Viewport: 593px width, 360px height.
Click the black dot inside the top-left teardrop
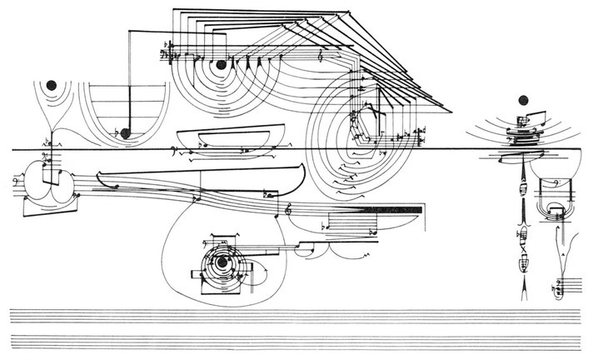tap(52, 84)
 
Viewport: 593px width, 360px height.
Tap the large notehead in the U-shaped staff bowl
tap(125, 132)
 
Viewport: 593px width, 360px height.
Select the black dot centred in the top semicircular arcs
tap(221, 64)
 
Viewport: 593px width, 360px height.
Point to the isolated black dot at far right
tap(525, 101)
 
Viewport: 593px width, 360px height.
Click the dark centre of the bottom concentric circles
tap(222, 263)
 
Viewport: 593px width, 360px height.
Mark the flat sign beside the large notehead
tap(114, 132)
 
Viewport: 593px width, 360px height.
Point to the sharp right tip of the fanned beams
tap(451, 110)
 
